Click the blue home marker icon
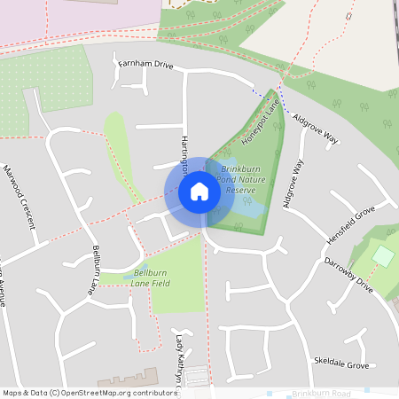(x=199, y=191)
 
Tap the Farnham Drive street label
(x=145, y=64)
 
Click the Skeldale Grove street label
(x=341, y=364)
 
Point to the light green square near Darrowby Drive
(x=382, y=255)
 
